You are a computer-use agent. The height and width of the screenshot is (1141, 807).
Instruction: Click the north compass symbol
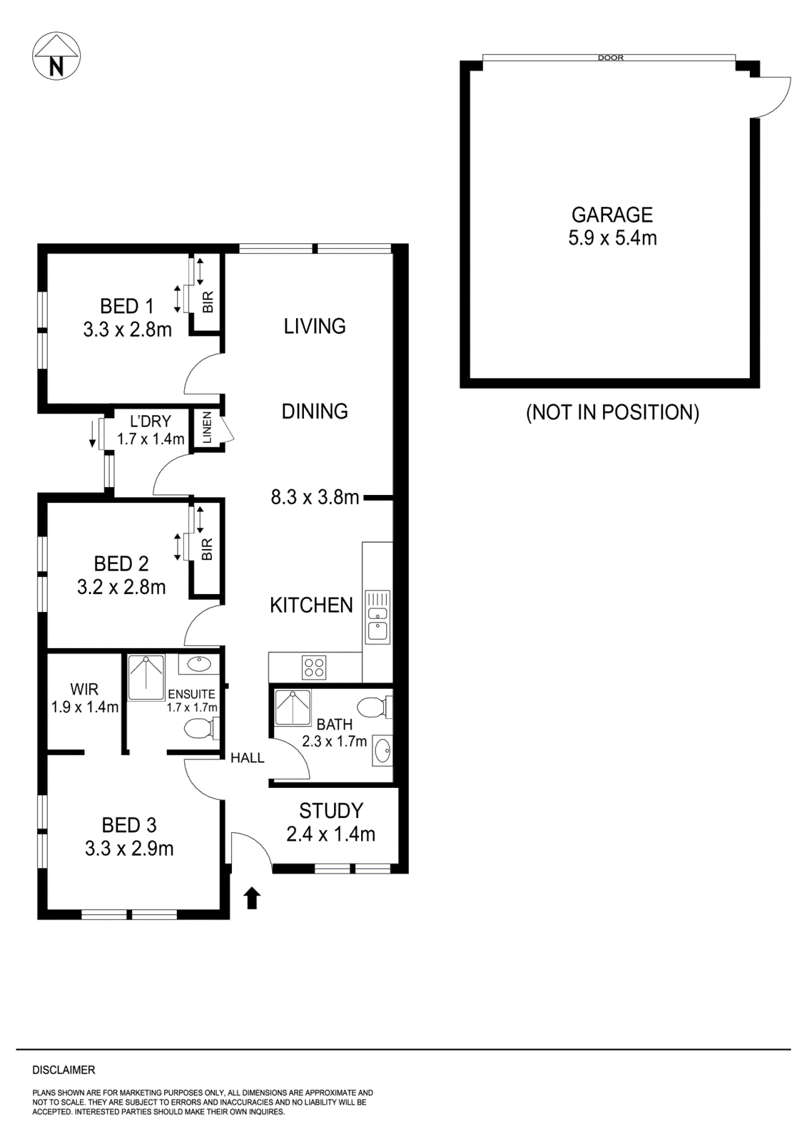[x=56, y=56]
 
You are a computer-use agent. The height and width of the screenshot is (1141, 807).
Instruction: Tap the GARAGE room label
[x=612, y=215]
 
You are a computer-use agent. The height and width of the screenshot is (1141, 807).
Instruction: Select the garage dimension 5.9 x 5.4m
[x=612, y=238]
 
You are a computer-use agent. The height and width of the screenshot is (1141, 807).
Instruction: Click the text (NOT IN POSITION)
[x=612, y=412]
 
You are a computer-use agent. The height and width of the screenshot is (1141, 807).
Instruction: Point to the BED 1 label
[x=127, y=307]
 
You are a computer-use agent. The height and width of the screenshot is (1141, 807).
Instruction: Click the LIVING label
[x=315, y=326]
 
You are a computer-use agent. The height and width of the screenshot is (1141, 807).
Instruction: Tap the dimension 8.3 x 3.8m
[x=315, y=497]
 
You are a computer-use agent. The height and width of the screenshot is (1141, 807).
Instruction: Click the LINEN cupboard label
[x=207, y=428]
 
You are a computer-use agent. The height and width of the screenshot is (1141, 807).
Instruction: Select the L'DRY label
[x=151, y=421]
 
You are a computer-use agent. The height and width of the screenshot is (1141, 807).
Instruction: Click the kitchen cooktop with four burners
[x=314, y=667]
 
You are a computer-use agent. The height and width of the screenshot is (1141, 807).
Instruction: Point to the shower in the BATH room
[x=293, y=707]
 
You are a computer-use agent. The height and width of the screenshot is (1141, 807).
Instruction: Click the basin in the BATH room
[x=382, y=750]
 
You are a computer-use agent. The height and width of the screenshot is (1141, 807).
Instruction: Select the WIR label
[x=84, y=690]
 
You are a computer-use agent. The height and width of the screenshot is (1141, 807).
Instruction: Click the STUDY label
[x=331, y=811]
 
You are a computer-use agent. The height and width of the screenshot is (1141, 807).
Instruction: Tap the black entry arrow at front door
[x=252, y=898]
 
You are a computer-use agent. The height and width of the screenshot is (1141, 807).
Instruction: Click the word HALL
[x=247, y=758]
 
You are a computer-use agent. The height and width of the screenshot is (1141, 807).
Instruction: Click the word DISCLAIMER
[x=64, y=1070]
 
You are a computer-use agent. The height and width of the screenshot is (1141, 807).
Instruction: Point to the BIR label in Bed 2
[x=207, y=549]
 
